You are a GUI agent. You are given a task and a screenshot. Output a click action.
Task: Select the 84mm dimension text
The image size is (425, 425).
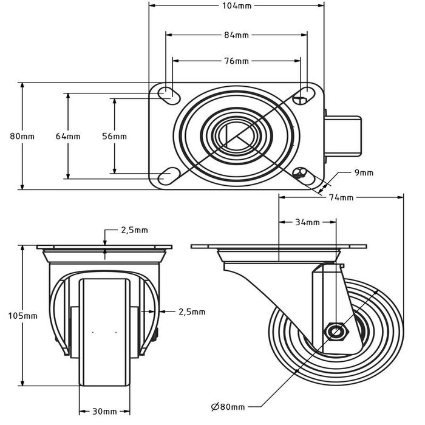click(237, 35)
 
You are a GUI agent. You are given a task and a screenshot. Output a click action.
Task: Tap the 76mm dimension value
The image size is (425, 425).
click(237, 61)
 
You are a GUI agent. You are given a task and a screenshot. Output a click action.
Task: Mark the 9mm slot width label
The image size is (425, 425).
click(364, 173)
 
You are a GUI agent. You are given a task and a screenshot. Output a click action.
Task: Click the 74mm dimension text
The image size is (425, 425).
click(341, 197)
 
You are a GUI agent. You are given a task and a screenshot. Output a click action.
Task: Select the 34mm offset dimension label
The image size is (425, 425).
click(307, 222)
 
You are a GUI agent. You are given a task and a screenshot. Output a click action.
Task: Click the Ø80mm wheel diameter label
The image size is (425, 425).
click(228, 406)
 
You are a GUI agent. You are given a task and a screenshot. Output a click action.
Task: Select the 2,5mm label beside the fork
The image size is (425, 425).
click(192, 311)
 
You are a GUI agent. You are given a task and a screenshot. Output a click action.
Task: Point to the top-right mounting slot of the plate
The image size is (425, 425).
click(300, 94)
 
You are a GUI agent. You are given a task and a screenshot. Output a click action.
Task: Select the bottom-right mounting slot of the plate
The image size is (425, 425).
click(300, 175)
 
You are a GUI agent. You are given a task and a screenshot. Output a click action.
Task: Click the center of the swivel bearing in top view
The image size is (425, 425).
click(234, 135)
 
